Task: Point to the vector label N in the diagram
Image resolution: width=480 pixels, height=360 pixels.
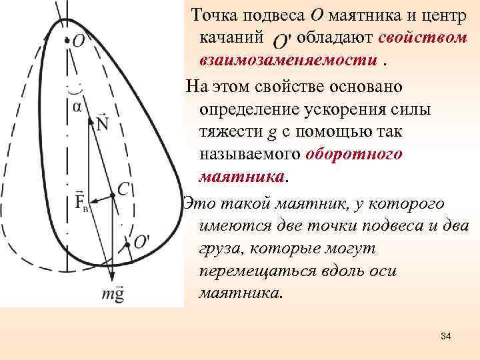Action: [x=102, y=123]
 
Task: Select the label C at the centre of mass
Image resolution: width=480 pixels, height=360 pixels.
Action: [x=123, y=189]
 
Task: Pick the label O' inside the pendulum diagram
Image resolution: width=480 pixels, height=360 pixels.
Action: [x=141, y=242]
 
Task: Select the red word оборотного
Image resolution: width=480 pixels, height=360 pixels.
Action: [x=354, y=154]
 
